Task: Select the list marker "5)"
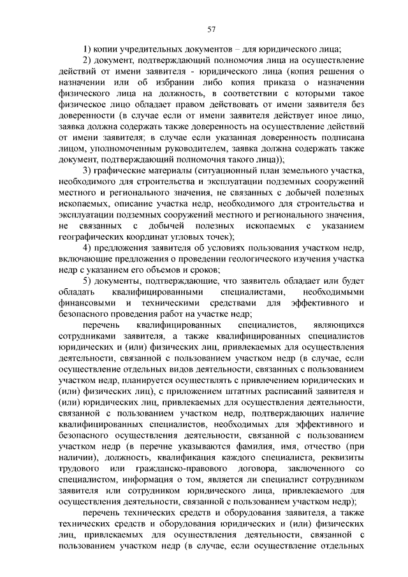[89, 281]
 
